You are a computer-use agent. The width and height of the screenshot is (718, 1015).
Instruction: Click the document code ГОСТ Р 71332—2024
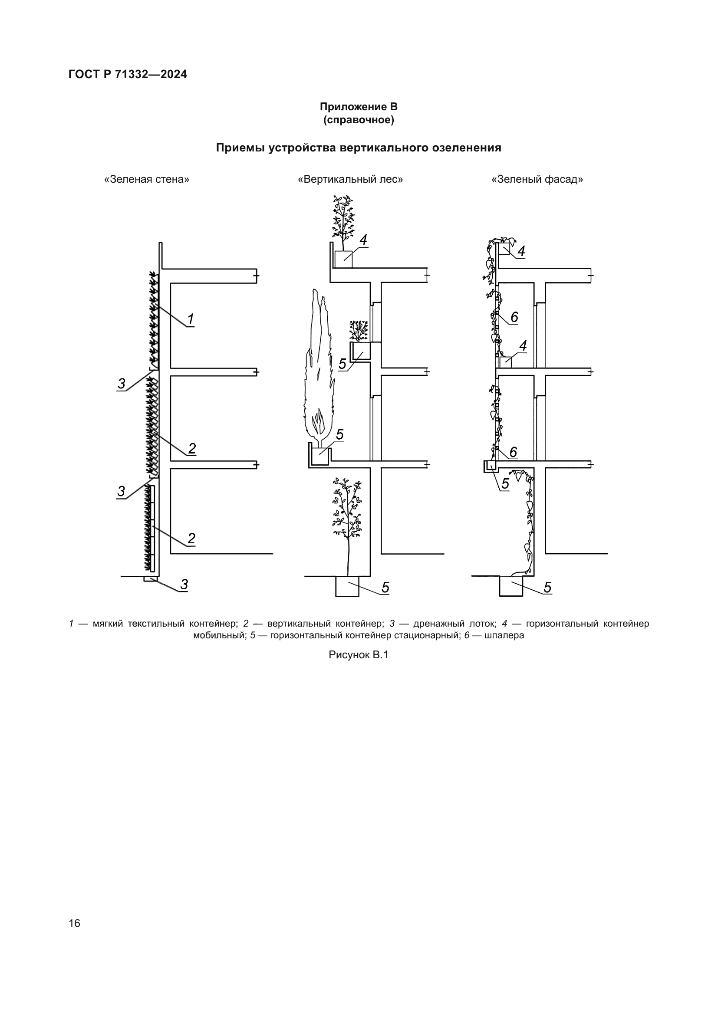click(128, 74)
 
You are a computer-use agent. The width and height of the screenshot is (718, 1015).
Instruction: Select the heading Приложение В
click(359, 107)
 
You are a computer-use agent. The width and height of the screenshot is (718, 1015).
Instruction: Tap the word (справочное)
click(359, 120)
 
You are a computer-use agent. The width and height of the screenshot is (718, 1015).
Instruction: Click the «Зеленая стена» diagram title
click(147, 180)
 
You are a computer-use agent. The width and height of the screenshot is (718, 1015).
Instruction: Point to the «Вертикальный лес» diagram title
click(351, 180)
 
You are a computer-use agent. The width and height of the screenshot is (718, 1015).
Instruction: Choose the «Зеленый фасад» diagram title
click(537, 180)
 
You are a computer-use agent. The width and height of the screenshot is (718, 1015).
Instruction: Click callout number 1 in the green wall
click(191, 319)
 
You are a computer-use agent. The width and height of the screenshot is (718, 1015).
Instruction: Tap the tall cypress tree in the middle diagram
click(319, 367)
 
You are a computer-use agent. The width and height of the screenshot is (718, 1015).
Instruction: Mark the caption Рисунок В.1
click(359, 655)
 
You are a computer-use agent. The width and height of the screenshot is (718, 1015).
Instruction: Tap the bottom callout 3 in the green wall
click(184, 585)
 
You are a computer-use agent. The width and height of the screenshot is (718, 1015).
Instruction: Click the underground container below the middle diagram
click(347, 587)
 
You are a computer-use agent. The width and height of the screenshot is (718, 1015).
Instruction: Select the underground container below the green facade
click(511, 587)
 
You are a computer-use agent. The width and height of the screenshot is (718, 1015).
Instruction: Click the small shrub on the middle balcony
click(359, 331)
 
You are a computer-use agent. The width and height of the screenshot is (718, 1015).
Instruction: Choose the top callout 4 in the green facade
click(521, 251)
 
